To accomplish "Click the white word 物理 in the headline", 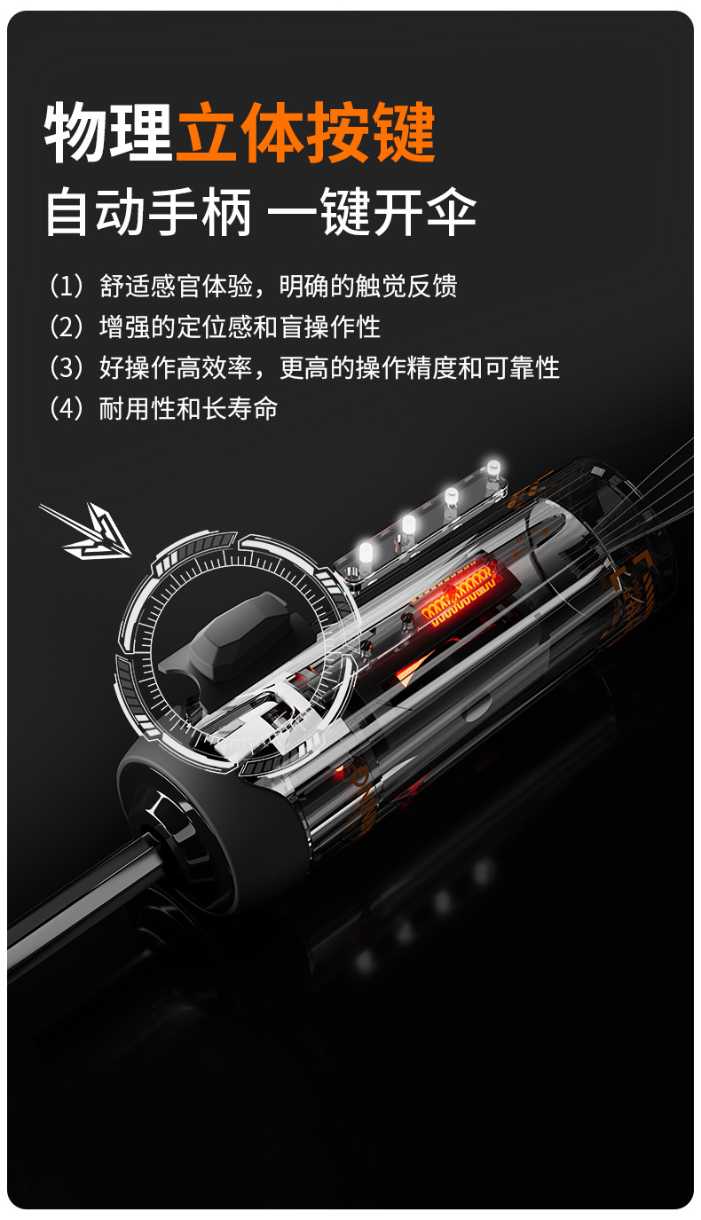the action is click(108, 132).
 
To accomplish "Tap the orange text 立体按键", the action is click(305, 132).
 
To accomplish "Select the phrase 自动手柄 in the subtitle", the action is click(149, 212).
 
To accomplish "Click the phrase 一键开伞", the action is click(372, 212).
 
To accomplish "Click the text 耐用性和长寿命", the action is click(188, 408).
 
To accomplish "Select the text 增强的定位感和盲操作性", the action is click(240, 327).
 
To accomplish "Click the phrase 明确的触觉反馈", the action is click(368, 286).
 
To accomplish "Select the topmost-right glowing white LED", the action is click(493, 469).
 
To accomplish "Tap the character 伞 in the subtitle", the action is click(452, 212).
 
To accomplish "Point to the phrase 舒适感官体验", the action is click(176, 286).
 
